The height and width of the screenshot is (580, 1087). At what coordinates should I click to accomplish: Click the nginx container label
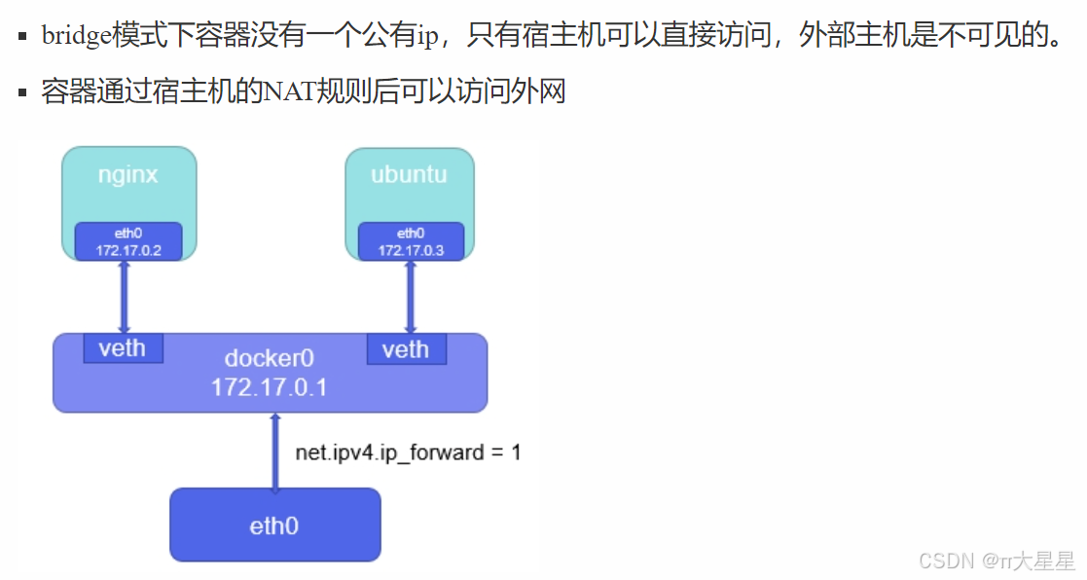[x=128, y=175]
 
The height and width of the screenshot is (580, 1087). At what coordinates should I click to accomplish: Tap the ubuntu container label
[x=409, y=175]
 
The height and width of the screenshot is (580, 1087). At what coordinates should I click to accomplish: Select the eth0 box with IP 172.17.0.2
[x=128, y=241]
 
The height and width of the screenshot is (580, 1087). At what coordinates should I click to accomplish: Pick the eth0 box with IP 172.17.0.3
[x=411, y=241]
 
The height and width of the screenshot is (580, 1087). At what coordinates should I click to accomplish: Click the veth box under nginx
[x=123, y=348]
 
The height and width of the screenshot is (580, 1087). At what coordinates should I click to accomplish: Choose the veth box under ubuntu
[x=406, y=349]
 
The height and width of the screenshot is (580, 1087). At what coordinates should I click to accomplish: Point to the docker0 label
[x=270, y=357]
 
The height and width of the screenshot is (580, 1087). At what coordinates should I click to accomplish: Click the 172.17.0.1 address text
[x=270, y=387]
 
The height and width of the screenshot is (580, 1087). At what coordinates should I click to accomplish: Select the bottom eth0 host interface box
[x=274, y=526]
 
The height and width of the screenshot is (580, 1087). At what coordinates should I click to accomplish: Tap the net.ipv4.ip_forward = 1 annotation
[x=408, y=453]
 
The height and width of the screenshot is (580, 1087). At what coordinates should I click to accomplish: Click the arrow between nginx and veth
[x=124, y=297]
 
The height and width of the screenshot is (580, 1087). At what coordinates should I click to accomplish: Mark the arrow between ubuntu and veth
[x=410, y=297]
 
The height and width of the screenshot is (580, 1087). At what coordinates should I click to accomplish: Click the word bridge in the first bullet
[x=76, y=38]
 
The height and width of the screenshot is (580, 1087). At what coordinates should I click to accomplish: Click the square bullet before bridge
[x=22, y=38]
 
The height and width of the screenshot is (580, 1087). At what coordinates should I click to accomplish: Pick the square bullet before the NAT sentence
[x=22, y=93]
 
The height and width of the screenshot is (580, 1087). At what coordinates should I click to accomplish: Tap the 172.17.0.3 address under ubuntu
[x=411, y=250]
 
